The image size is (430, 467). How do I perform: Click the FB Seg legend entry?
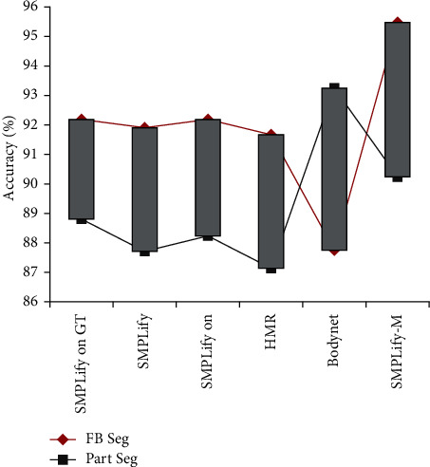coord(95,439)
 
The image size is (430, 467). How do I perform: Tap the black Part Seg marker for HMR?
coord(271,270)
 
